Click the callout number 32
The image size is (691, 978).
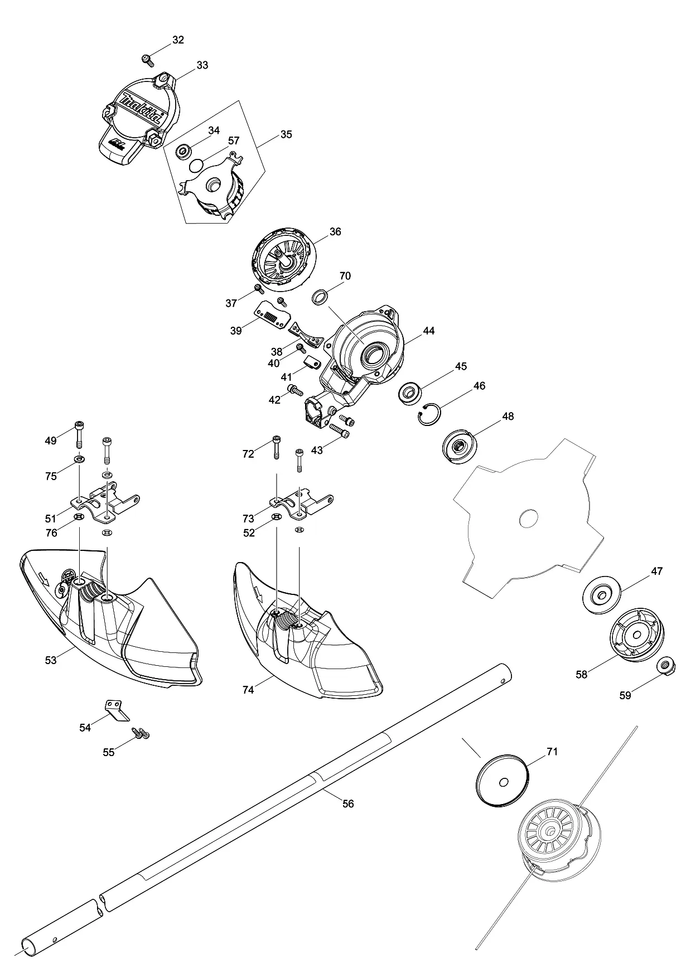click(178, 40)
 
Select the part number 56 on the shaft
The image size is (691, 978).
click(348, 804)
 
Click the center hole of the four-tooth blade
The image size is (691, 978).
click(528, 520)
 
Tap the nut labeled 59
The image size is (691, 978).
click(664, 666)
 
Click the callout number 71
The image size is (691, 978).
click(552, 752)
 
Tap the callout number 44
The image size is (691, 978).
click(428, 331)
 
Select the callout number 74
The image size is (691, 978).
click(248, 690)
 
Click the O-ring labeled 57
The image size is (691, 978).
click(196, 165)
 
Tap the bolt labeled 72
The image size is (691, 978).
click(276, 447)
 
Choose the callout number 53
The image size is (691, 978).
click(51, 661)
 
